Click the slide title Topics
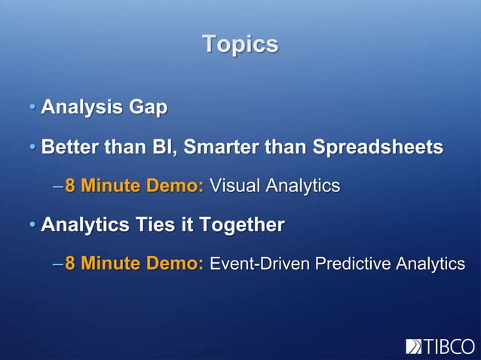[x=240, y=44]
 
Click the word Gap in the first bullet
[x=148, y=108]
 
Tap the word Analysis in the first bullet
[x=81, y=108]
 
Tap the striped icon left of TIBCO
[x=414, y=346]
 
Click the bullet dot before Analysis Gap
[x=32, y=108]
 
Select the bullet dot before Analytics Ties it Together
[x=32, y=225]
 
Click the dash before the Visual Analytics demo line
[x=58, y=186]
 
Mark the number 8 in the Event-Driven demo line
[x=70, y=264]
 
